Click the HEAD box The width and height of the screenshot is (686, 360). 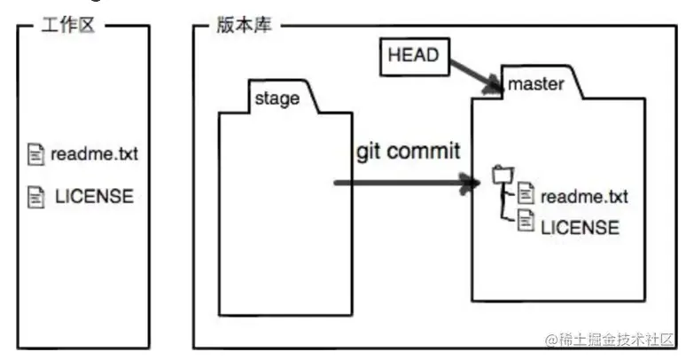pos(414,55)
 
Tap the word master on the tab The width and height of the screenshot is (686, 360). pos(536,84)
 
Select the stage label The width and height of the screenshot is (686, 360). pos(277,98)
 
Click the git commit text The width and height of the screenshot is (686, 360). pos(408,151)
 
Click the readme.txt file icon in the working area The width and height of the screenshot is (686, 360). pos(36,154)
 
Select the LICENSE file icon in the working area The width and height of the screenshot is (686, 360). pos(36,196)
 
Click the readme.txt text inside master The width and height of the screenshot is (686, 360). pos(583,196)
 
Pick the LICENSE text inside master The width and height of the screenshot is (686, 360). pos(580,227)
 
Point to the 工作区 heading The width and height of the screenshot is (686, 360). pos(72,25)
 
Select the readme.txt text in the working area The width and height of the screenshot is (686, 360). pos(94,154)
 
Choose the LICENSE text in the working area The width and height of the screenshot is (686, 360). pos(94,196)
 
